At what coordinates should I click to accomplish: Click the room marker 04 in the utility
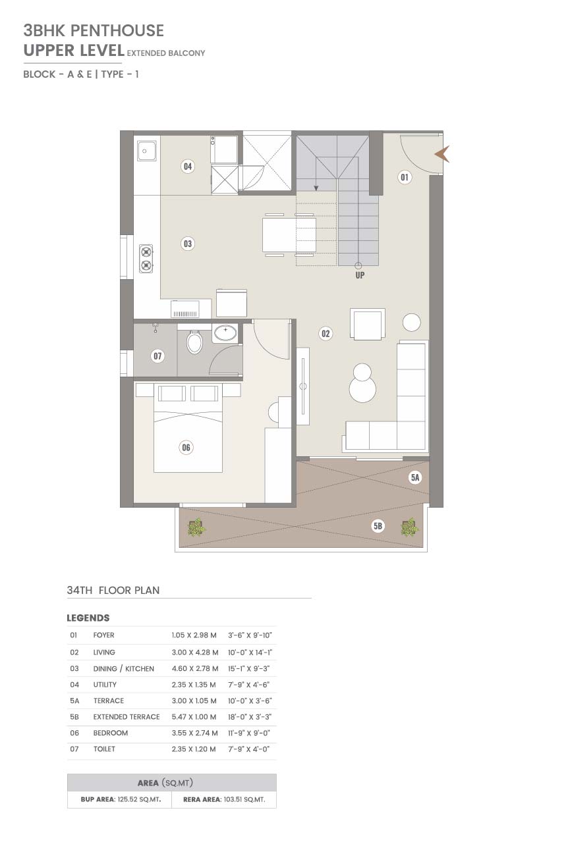(187, 166)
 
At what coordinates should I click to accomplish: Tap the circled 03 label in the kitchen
(187, 244)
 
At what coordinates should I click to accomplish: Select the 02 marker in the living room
(325, 334)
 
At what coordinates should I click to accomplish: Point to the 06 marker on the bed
(186, 447)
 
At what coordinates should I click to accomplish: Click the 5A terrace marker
(415, 477)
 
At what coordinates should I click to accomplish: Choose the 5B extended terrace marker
(378, 526)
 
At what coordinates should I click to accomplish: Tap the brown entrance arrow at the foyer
(443, 154)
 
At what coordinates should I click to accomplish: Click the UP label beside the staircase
(360, 275)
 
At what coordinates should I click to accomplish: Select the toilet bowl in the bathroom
(194, 342)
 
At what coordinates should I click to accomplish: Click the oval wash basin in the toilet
(225, 333)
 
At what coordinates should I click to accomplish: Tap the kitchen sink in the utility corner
(146, 151)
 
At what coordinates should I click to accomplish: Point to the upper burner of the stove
(146, 252)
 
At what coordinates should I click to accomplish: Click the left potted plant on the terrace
(197, 527)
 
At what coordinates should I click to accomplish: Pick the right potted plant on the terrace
(410, 527)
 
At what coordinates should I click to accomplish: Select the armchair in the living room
(368, 324)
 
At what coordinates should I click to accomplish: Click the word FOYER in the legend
(103, 635)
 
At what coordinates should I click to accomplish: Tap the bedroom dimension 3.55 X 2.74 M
(194, 733)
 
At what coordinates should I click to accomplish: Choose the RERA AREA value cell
(224, 799)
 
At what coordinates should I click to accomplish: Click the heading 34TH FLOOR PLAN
(113, 590)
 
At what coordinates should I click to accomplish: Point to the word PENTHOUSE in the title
(117, 30)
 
